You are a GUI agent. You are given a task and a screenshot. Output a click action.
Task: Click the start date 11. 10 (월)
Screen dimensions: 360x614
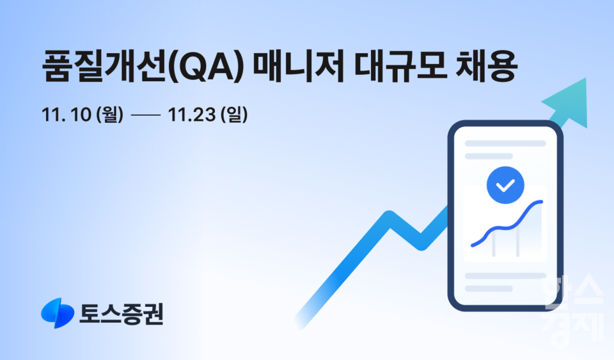(x=81, y=115)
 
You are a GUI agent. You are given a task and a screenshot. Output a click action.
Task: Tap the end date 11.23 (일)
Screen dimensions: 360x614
(x=207, y=115)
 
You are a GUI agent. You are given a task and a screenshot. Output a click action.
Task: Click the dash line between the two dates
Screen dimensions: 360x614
(x=145, y=116)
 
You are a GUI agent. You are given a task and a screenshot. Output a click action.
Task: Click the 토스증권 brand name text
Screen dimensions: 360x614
(x=122, y=313)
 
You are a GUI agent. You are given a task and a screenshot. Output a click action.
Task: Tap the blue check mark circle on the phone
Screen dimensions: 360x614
(x=505, y=185)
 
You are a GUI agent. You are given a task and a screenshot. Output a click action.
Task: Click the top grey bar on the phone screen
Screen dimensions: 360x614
(x=505, y=143)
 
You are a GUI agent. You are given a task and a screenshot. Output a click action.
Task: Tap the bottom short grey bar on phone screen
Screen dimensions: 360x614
(x=489, y=288)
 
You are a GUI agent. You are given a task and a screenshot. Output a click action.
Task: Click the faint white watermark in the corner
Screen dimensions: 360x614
(x=573, y=310)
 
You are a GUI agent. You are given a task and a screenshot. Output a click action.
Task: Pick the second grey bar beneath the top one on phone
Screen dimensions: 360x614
(x=489, y=155)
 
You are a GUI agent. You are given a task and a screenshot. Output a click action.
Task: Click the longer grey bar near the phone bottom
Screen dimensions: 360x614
(x=505, y=276)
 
